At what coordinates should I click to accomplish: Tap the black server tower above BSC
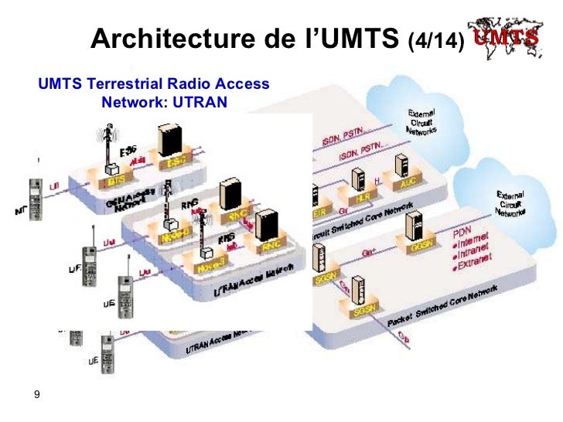pyautogui.click(x=169, y=141)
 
